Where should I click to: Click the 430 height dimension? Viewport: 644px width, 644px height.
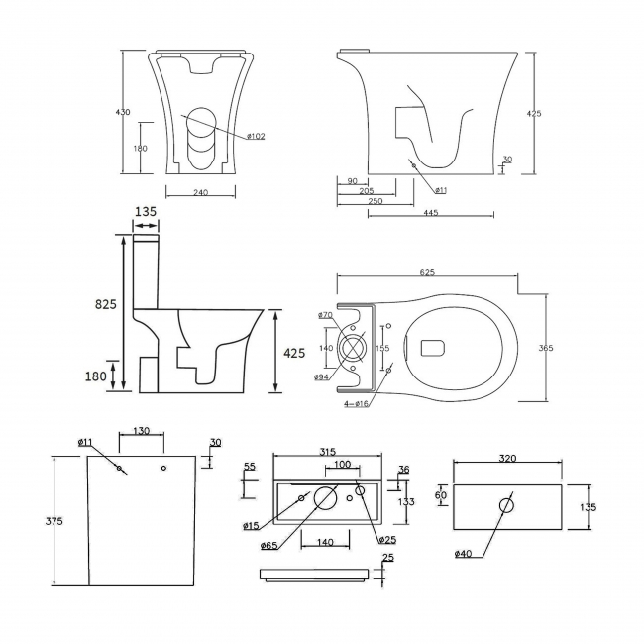point(124,113)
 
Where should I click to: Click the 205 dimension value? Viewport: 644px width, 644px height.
point(366,190)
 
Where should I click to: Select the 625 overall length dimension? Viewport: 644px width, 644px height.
point(428,272)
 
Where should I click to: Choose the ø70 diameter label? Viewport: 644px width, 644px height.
point(325,315)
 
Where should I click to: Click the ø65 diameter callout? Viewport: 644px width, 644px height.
point(268,546)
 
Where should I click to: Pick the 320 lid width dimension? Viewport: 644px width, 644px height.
point(506,460)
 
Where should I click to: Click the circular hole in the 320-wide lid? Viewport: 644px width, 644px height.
point(507,506)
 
